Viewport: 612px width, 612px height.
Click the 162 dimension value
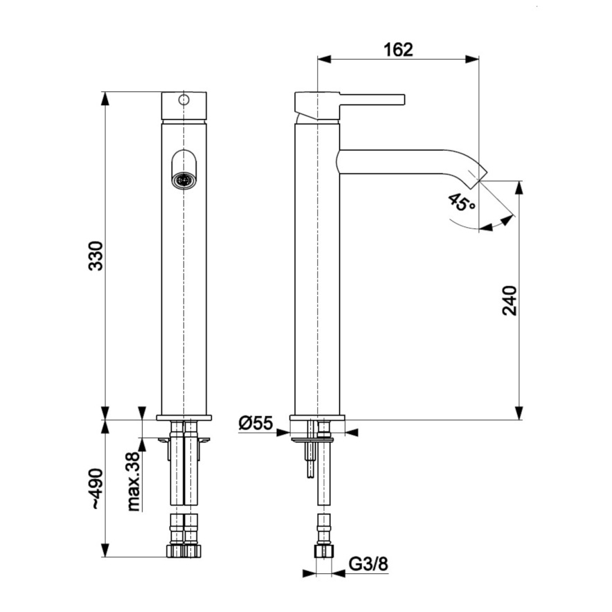point(397,49)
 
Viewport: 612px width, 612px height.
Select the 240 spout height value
point(509,300)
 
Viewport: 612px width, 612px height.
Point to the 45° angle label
point(462,202)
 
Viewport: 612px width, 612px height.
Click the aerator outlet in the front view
point(183,179)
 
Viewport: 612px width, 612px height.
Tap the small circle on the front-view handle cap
point(183,100)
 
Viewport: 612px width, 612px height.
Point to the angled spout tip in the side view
point(479,173)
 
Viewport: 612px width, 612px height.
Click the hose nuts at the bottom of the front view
point(183,550)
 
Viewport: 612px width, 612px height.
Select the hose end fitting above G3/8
point(322,550)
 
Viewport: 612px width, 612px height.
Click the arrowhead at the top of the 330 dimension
point(105,97)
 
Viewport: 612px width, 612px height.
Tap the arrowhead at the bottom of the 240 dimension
point(519,414)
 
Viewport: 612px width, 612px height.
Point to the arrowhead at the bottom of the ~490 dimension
point(105,551)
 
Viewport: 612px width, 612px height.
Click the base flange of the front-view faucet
point(183,417)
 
